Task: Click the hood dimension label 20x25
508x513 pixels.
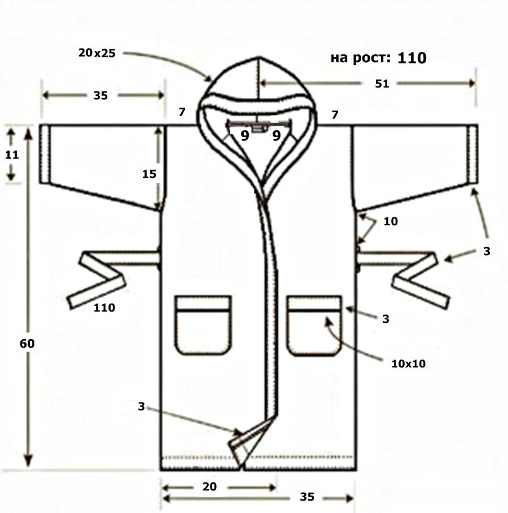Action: (97, 52)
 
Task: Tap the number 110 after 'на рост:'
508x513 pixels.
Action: (412, 58)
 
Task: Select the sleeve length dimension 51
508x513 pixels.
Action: (382, 84)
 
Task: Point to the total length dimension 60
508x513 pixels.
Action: (27, 344)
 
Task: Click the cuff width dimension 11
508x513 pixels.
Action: (12, 155)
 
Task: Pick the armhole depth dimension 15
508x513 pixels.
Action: (149, 174)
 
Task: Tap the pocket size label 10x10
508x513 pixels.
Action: (409, 363)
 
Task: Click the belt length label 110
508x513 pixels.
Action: (104, 308)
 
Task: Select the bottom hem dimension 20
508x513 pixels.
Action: (209, 486)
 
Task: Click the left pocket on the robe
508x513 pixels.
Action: (203, 325)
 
